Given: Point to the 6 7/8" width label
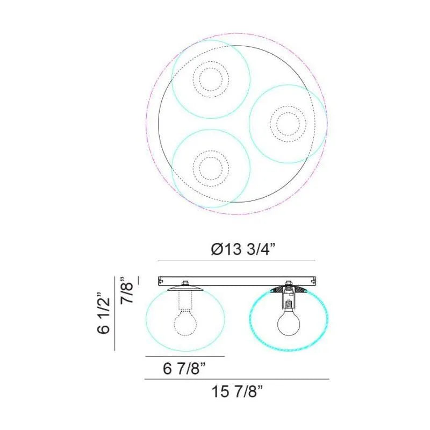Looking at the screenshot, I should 184,369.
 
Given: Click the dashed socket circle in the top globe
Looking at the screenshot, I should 210,79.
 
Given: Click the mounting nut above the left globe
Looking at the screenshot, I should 185,283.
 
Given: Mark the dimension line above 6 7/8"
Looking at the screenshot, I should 184,356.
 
